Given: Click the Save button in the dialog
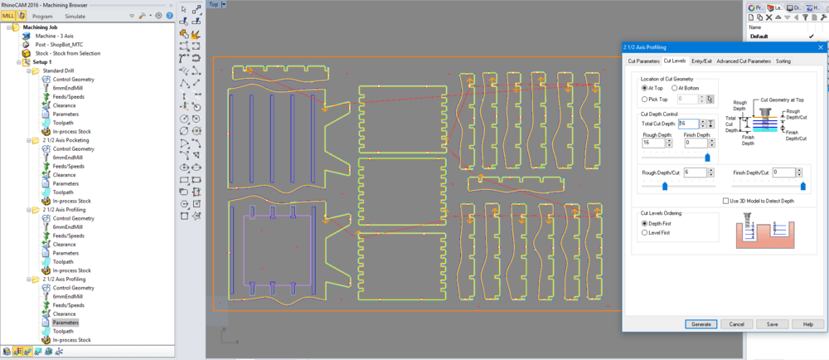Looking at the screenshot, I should [772, 324].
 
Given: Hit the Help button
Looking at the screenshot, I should [807, 324].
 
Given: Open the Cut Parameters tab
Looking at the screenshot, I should [643, 61].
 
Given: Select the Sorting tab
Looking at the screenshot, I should [783, 61].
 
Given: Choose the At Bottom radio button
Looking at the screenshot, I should [674, 88].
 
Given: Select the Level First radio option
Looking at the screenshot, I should [645, 233].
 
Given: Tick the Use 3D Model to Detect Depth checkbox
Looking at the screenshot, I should [725, 201].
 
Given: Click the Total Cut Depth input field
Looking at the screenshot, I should [688, 124].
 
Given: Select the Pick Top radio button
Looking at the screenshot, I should [645, 99].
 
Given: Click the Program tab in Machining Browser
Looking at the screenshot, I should [42, 16].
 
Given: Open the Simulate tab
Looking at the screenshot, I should [75, 16].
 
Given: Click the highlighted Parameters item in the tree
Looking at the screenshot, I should [65, 322].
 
